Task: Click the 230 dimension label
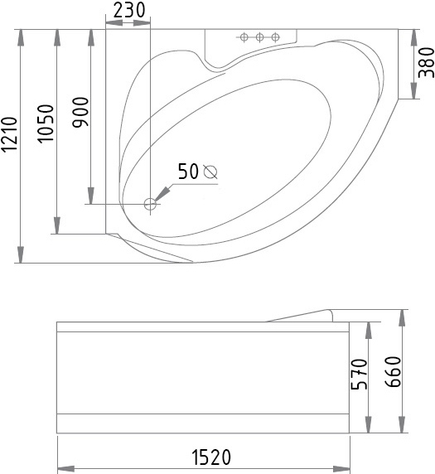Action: point(129,10)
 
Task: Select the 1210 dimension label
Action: point(9,134)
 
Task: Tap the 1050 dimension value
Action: point(46,123)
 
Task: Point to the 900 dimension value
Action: point(81,112)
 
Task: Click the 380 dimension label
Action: point(426,63)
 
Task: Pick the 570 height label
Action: point(359,375)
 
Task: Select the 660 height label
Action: point(393,372)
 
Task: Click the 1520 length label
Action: point(211,457)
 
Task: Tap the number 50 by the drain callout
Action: point(188,171)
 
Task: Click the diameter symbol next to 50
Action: point(210,172)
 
